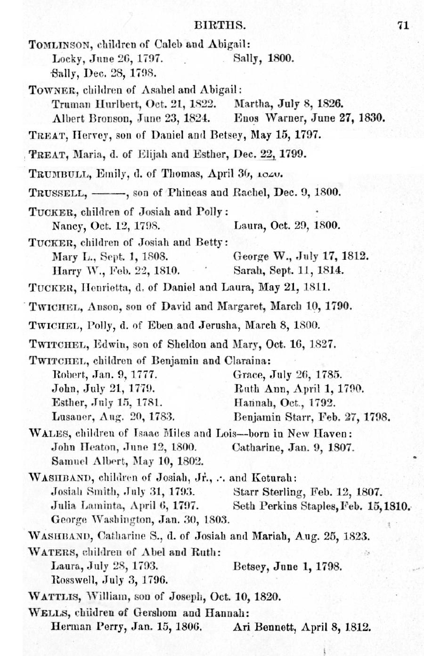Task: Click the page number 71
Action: pyautogui.click(x=403, y=25)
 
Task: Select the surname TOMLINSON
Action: pyautogui.click(x=59, y=45)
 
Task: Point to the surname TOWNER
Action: pyautogui.click(x=50, y=90)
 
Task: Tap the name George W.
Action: pyautogui.click(x=256, y=257)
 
